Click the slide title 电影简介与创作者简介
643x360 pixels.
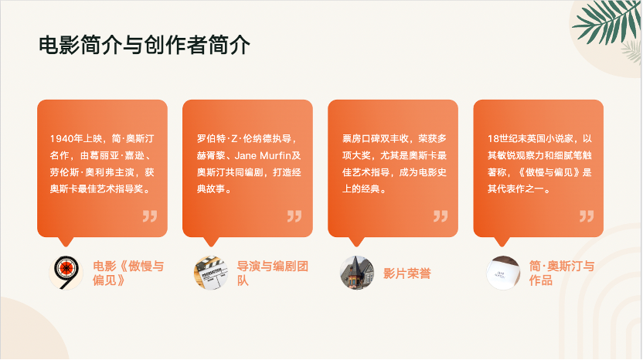point(145,45)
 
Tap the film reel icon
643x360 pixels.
point(66,273)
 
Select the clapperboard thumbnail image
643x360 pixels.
point(211,273)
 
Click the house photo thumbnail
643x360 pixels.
point(357,273)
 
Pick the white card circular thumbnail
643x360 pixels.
point(503,273)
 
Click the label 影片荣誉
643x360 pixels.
point(407,273)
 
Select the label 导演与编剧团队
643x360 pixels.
point(272,273)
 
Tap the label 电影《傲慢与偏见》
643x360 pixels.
point(128,273)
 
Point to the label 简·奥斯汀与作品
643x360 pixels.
point(561,273)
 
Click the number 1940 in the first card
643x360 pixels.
point(61,138)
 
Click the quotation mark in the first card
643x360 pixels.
point(150,216)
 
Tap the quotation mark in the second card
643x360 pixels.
point(294,216)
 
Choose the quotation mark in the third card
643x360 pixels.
point(441,216)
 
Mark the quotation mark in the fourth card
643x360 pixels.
point(587,216)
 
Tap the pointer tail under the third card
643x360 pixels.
point(356,242)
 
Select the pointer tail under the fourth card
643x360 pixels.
point(502,242)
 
